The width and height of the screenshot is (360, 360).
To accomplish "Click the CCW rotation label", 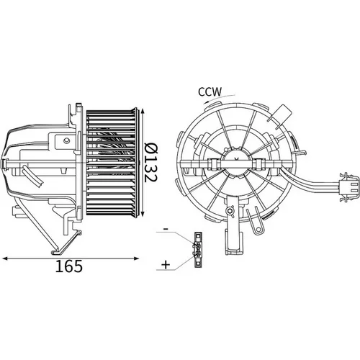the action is click(x=210, y=91).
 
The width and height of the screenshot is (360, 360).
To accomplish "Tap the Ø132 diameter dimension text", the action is click(x=151, y=163).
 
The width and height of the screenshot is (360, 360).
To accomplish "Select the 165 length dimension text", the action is click(x=69, y=266).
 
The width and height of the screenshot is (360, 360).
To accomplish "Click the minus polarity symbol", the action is click(x=166, y=229).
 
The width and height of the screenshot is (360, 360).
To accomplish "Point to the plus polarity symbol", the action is click(x=166, y=265).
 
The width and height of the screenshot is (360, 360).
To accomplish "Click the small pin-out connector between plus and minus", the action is click(x=198, y=250).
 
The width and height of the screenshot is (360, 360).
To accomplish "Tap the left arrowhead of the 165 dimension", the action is click(x=5, y=258).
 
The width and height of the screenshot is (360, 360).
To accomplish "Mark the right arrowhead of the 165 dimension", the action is click(x=136, y=258).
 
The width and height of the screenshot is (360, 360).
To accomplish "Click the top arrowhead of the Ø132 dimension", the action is click(x=143, y=112).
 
